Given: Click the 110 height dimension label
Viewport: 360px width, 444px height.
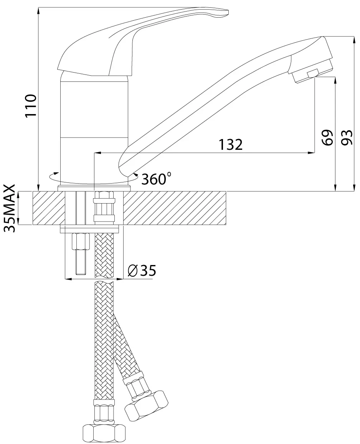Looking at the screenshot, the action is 31,106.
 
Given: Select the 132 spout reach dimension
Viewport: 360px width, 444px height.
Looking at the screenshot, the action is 231,145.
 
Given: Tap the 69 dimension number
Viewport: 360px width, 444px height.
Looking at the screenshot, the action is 327,138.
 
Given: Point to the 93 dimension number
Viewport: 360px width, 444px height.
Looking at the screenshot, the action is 347,138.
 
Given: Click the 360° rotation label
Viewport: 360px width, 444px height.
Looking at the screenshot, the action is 156,179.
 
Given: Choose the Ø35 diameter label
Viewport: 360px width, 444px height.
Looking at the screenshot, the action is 142,271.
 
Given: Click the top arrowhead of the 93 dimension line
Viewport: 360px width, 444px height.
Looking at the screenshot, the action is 354,40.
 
